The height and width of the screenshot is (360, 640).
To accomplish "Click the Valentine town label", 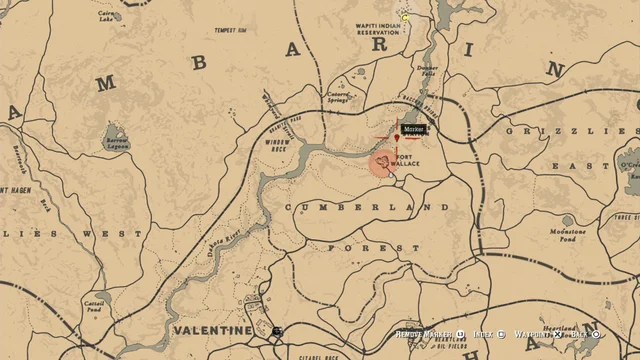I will (x=212, y=330).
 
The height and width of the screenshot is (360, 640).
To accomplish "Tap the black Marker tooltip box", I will (x=413, y=129).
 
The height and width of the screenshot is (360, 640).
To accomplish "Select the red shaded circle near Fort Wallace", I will (x=382, y=162).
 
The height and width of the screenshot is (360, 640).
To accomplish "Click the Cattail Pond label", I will (x=95, y=304).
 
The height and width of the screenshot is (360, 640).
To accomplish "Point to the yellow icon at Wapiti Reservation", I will (x=406, y=17).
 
